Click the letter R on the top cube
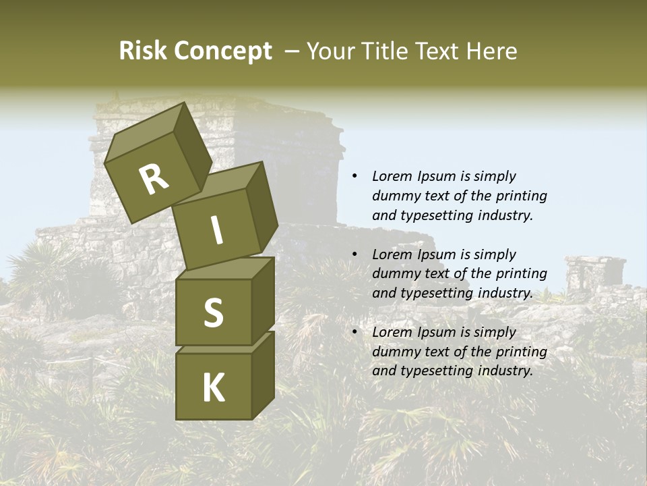(x=154, y=180)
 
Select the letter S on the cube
(x=213, y=313)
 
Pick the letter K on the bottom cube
(x=213, y=388)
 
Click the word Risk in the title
(x=144, y=51)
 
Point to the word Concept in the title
(x=224, y=52)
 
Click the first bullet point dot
(x=355, y=177)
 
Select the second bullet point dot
(x=355, y=255)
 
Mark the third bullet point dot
(x=355, y=333)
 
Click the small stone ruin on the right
(x=594, y=273)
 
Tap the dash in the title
(x=292, y=51)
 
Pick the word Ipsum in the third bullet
(x=438, y=332)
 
